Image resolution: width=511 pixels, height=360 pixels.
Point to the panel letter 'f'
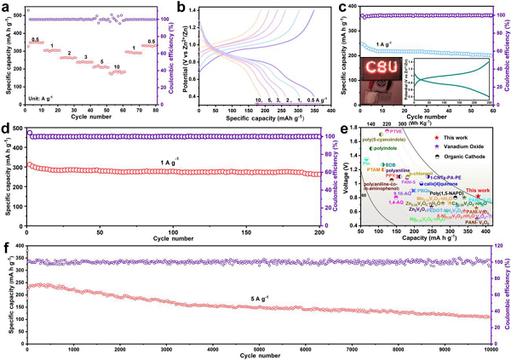click(5, 249)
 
